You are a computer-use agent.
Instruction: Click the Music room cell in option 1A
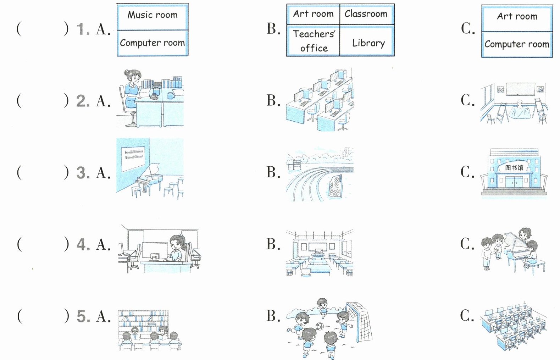point(153,17)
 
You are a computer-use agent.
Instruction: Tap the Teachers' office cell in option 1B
point(313,40)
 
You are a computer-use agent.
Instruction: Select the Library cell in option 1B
point(367,40)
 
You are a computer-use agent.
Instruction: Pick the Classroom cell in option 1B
point(367,14)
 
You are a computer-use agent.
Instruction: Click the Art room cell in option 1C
point(517,18)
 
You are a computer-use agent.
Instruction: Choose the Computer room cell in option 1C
point(517,44)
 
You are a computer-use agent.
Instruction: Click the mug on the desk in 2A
point(171,95)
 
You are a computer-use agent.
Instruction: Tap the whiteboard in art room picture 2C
point(521,89)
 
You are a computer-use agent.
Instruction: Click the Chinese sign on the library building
point(514,167)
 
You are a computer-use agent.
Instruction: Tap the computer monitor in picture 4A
point(155,250)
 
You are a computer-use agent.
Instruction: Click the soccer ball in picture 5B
point(319,326)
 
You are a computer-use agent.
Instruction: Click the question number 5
point(83,316)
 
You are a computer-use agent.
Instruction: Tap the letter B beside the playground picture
point(273,172)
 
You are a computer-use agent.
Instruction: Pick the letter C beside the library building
point(467,172)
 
